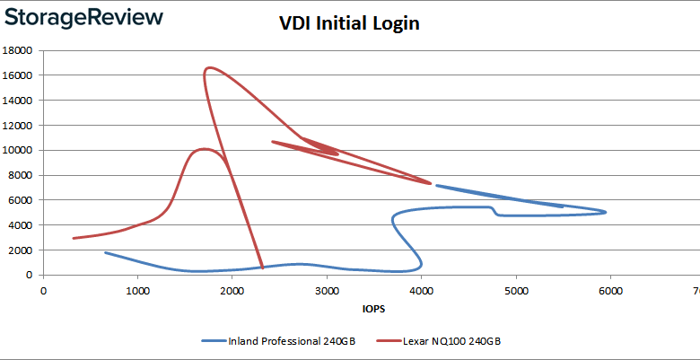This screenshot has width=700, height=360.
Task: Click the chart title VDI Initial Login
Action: (349, 24)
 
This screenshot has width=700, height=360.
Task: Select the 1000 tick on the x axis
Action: (137, 290)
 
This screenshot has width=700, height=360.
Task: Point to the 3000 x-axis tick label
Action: (327, 290)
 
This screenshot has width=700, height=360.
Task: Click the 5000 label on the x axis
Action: (515, 290)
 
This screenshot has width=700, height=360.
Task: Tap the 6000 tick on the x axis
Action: (610, 290)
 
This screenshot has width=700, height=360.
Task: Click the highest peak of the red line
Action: (209, 67)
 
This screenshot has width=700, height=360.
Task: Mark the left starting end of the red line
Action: (74, 238)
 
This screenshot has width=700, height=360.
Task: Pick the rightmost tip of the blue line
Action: (606, 212)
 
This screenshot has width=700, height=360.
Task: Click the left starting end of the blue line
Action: (106, 252)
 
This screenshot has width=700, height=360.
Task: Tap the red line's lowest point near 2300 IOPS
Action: (262, 268)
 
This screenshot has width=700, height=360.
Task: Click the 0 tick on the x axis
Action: (43, 290)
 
